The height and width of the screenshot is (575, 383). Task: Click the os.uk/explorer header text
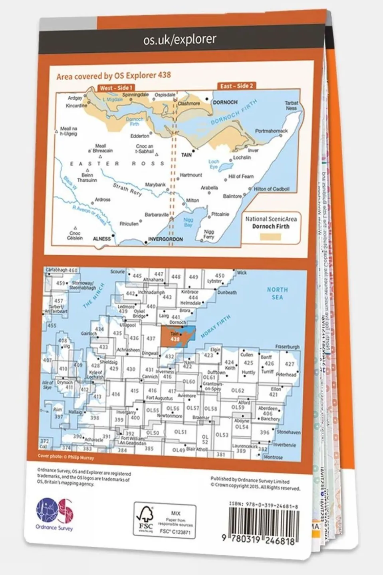[x=179, y=40]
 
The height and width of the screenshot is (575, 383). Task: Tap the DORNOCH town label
[x=225, y=102]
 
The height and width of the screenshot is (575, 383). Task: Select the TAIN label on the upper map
[x=187, y=155]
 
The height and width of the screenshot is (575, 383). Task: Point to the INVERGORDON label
[x=165, y=239]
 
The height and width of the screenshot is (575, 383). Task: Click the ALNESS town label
[x=101, y=239]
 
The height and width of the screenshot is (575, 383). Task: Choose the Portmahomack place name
[x=271, y=131]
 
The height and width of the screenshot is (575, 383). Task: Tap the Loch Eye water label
[x=214, y=164]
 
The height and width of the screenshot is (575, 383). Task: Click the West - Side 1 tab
[x=116, y=88]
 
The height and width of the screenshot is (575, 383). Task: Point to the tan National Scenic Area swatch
[x=270, y=236]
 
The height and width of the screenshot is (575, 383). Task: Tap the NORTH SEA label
[x=277, y=293]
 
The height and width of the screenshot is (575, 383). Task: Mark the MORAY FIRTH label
[x=216, y=326]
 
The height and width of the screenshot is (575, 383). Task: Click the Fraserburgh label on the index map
[x=288, y=347]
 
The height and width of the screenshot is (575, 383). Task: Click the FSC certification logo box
[x=165, y=521]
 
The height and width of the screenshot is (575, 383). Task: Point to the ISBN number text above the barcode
[x=264, y=505]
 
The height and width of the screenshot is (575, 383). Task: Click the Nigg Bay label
[x=188, y=222]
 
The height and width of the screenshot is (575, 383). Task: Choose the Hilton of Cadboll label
[x=272, y=189]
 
